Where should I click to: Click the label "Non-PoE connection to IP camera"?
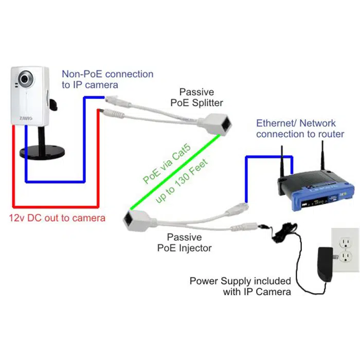tap(107, 79)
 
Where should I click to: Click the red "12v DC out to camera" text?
tap(57, 218)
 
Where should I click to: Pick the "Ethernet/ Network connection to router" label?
tap(300, 129)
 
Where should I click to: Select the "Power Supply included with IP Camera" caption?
tap(240, 286)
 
